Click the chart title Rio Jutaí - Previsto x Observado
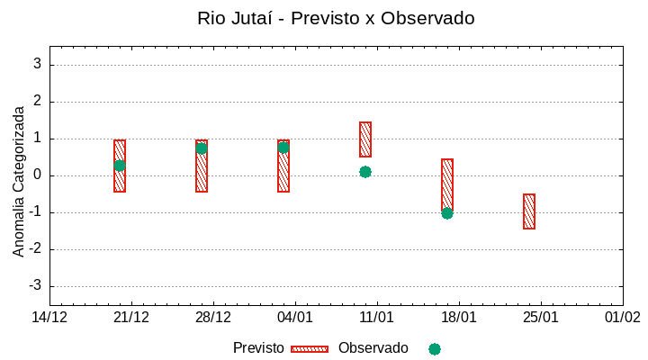pos(336,18)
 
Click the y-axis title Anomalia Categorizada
pos(19,181)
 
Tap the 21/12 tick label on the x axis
pos(131,317)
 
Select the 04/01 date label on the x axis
pos(295,317)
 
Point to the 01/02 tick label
pos(622,317)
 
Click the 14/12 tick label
pos(49,317)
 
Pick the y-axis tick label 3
pos(38,65)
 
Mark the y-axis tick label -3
pos(35,286)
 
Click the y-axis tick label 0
pos(38,175)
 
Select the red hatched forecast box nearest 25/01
pos(529,211)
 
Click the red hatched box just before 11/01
pos(365,139)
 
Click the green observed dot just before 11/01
pos(365,172)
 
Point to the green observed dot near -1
pos(447,213)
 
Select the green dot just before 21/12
pos(120,166)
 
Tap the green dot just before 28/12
pos(202,148)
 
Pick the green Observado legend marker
pos(435,349)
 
